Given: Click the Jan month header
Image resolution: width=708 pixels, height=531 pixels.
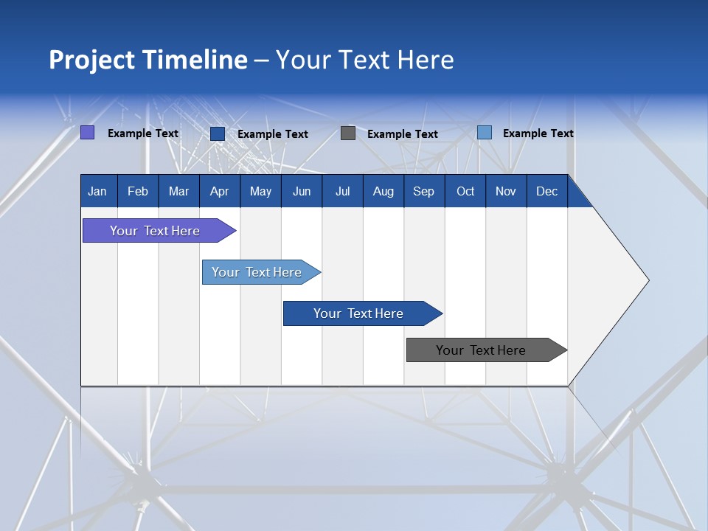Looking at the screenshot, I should point(97,192).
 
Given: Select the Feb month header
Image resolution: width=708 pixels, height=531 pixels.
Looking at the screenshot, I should point(138,192).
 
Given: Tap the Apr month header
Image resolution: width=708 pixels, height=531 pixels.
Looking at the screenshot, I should point(219,192).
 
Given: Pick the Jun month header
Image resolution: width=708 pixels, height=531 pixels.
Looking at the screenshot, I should point(302,192).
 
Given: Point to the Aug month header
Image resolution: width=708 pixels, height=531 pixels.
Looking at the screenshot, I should point(383,192).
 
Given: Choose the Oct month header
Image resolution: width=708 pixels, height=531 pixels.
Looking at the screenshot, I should point(465,192).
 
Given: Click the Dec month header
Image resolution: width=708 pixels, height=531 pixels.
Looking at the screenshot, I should point(546,192).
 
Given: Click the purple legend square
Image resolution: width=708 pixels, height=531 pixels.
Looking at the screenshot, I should point(87,133).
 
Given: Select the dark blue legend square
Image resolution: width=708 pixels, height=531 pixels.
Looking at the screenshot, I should point(217,133).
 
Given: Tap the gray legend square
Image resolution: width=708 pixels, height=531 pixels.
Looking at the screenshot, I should point(348,133).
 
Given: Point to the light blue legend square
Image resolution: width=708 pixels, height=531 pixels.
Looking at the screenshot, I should point(484,133).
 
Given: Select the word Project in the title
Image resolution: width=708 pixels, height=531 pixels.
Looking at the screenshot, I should point(90,60).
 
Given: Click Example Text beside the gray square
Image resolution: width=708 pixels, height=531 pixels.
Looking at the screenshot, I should point(402,134).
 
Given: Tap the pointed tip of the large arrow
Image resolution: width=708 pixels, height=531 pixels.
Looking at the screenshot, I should point(647,280).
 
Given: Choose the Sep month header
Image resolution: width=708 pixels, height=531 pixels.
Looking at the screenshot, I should point(423,192).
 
